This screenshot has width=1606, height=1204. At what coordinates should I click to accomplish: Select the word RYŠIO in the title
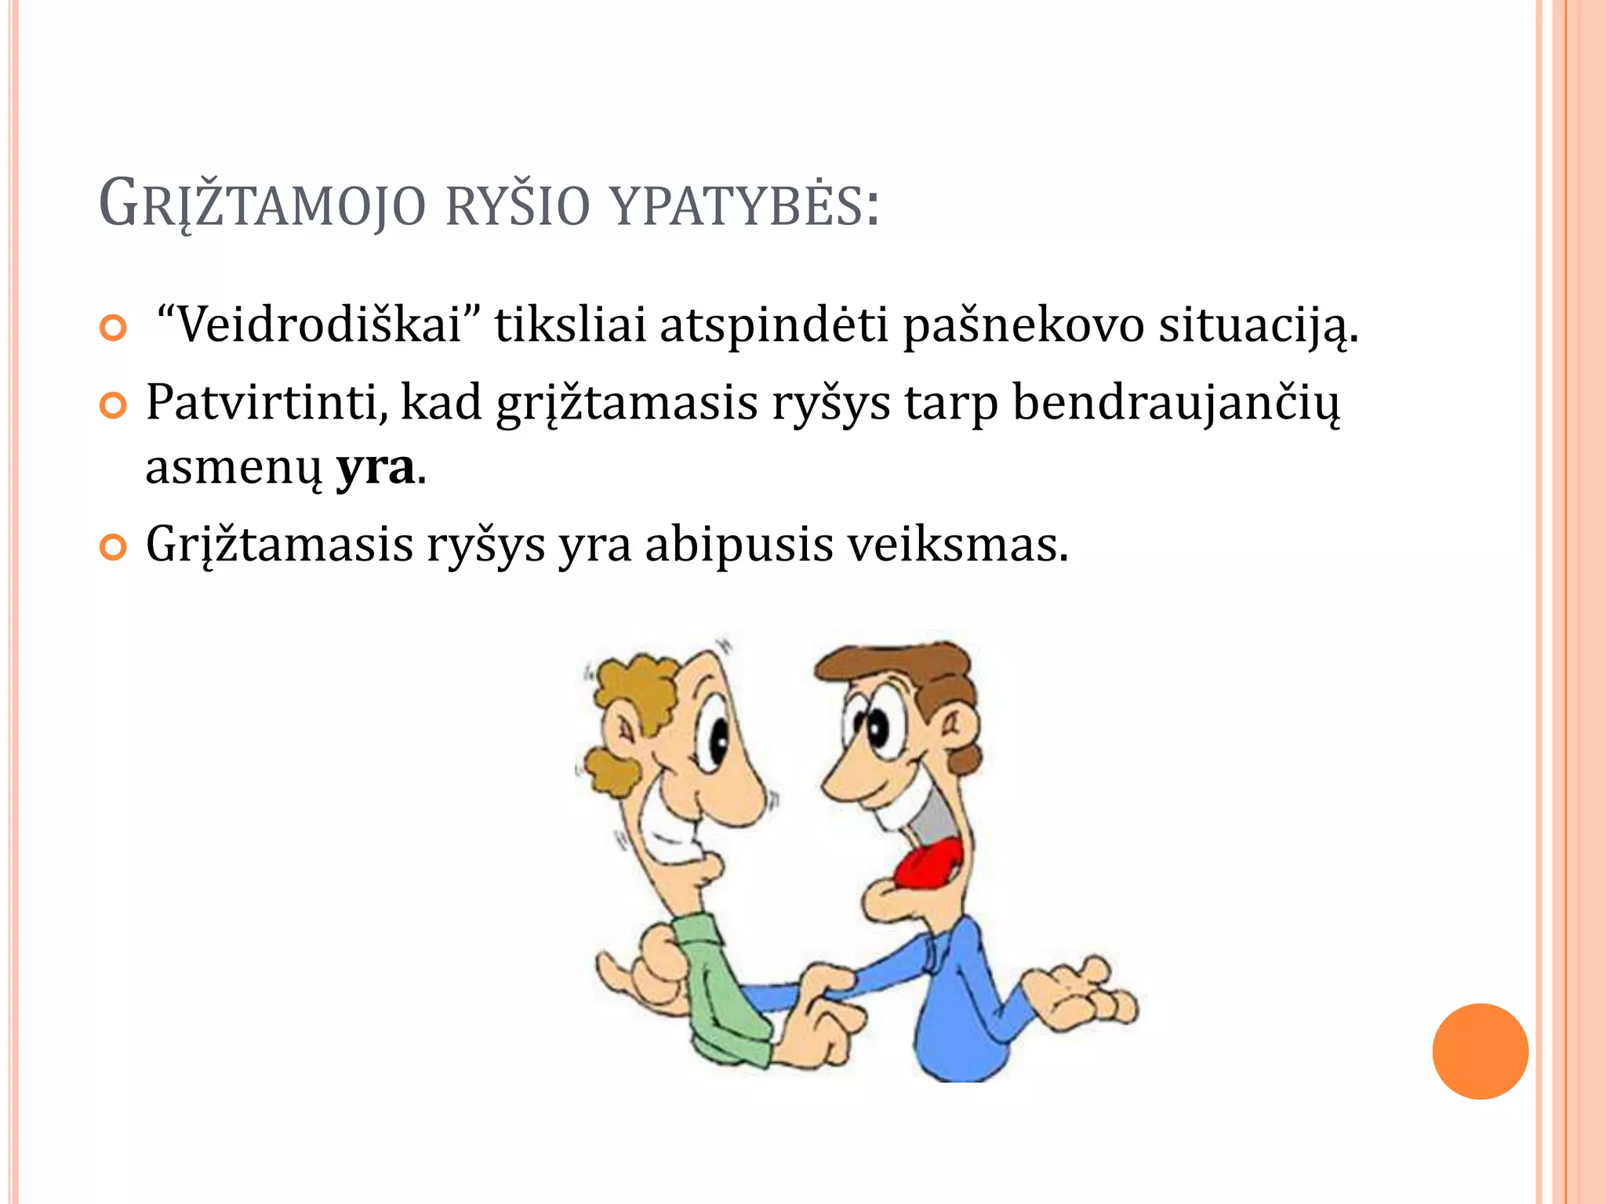pos(517,205)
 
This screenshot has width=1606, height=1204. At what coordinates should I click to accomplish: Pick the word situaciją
pos(1258,324)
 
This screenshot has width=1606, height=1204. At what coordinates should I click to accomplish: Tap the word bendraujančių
pos(1176,402)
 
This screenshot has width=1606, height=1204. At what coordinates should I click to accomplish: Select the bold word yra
pos(375,468)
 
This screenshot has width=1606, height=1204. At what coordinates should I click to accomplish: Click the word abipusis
pos(739,544)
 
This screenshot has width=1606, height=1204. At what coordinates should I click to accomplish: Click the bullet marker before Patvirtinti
pos(114,406)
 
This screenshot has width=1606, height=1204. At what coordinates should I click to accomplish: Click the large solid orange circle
pos(1480,1051)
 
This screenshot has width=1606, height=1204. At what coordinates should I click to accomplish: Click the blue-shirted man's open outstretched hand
pos(1082,995)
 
